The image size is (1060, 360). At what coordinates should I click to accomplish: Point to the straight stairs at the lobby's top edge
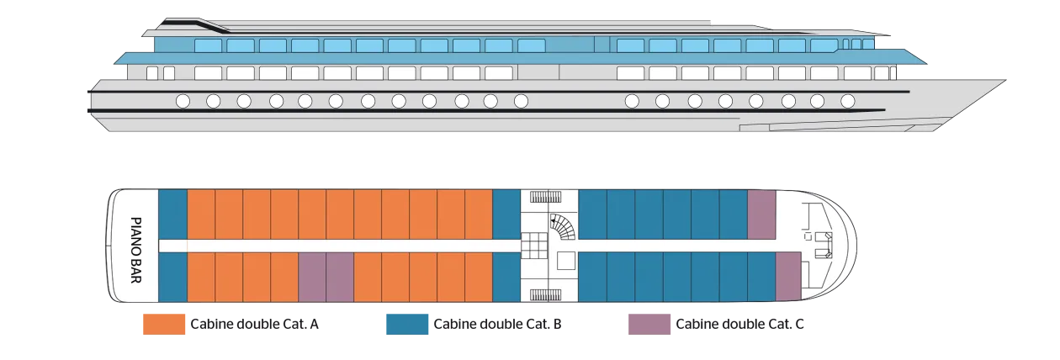coord(549,198)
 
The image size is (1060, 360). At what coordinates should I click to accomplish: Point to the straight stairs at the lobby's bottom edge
coord(549,294)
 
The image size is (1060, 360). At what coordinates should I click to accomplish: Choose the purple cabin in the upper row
coord(761,214)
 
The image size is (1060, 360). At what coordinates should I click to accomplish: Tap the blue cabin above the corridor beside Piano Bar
coord(172,214)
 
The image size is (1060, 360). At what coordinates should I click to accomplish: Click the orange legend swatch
coord(165,322)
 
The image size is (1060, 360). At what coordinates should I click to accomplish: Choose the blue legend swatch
coord(406,322)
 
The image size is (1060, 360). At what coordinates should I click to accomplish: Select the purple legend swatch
coord(649,322)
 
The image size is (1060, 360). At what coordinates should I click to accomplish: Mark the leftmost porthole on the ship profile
coord(183,102)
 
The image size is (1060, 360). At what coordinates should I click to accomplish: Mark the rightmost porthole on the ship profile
coord(847,102)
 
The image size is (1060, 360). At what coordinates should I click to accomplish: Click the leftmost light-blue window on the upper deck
coord(208,45)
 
